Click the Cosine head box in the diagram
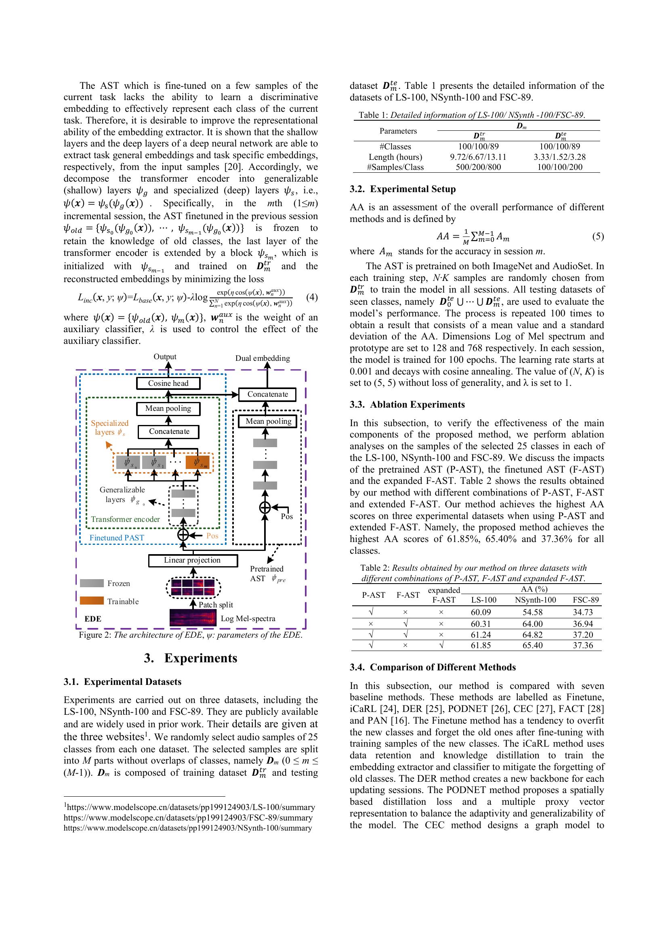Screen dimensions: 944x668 tap(168, 383)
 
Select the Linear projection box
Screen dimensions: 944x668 tap(193, 561)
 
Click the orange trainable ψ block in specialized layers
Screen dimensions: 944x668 tap(198, 462)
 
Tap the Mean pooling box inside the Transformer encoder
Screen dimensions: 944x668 tap(168, 409)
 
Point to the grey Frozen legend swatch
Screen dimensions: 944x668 tap(91, 583)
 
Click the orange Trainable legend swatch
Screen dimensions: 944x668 tap(91, 601)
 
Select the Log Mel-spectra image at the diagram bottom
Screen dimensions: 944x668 tap(193, 618)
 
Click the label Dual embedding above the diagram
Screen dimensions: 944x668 tap(263, 358)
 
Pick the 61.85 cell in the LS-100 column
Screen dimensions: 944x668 tap(481, 645)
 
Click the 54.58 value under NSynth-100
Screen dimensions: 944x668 tap(532, 612)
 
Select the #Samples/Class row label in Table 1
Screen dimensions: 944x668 tap(395, 167)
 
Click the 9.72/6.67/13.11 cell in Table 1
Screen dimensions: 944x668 tap(478, 157)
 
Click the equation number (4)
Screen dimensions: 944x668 tap(312, 297)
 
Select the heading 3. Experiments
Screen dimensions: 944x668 tap(191, 658)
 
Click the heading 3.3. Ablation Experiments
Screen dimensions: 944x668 tap(407, 404)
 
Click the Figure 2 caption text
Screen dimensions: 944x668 tap(191, 635)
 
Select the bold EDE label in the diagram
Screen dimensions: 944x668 tap(93, 619)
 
